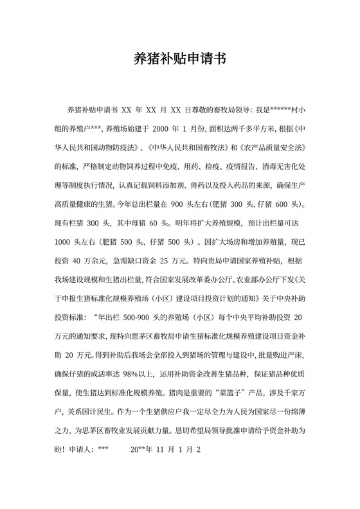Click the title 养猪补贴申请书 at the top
[x=179, y=58]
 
